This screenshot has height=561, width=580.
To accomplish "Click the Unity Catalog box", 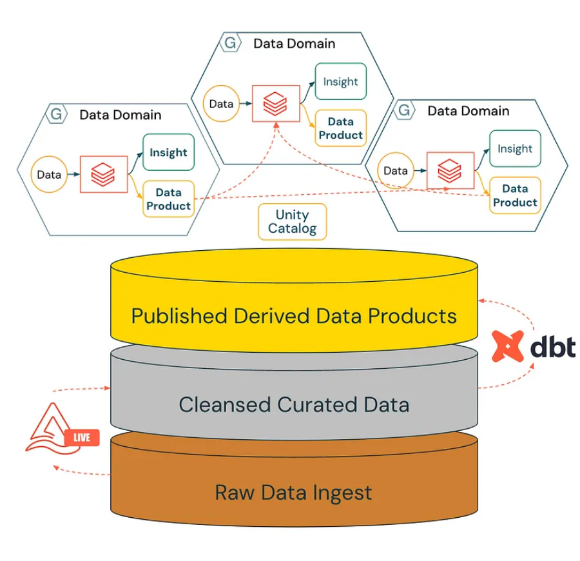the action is point(292,222).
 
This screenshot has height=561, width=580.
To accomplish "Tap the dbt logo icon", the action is point(508,346).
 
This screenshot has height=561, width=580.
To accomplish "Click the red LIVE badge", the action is point(82,437).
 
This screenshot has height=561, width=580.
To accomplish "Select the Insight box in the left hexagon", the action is point(169,152).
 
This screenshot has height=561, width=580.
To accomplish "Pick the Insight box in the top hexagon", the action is point(341,81).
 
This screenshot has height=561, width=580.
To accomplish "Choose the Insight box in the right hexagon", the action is point(515,148).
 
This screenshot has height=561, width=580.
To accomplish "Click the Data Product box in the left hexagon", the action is point(169,199).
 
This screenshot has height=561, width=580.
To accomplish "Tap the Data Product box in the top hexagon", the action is point(341,128).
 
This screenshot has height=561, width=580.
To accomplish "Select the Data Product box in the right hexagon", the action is point(515,195).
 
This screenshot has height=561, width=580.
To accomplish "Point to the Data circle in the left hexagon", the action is point(49,174).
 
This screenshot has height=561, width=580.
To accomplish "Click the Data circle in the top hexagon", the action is point(221,104).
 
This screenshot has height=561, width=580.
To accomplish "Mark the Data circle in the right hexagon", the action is point(396,171).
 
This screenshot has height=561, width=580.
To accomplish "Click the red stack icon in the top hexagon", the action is point(275,104).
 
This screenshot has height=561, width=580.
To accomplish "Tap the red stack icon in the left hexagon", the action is point(103,174).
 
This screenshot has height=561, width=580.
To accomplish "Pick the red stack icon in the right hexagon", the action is point(450,171).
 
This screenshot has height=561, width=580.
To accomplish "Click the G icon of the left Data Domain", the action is point(57,114).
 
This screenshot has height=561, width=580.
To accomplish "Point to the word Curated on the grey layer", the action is point(317,404).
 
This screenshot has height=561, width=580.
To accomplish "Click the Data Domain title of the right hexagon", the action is point(469,111).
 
